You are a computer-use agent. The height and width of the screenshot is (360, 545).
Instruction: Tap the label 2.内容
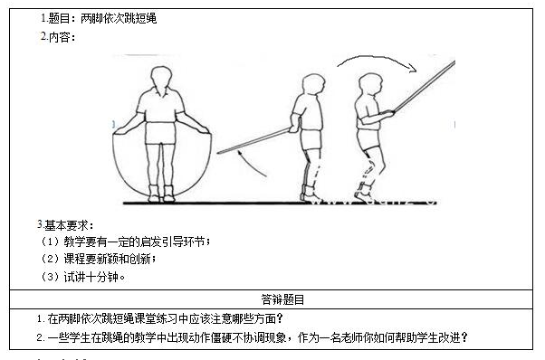58,36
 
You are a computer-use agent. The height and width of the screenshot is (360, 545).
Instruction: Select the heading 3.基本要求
65,225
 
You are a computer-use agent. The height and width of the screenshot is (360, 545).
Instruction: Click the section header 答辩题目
282,299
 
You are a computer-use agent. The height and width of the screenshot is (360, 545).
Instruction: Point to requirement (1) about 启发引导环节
126,242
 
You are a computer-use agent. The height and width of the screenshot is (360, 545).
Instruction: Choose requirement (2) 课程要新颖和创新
99,259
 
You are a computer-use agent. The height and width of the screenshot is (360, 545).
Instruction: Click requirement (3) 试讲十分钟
83,277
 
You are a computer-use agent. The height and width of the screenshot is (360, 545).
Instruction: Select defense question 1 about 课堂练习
160,318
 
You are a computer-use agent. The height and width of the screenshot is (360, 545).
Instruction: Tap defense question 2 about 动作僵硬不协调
253,337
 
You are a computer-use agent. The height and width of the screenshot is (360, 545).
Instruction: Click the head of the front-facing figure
161,78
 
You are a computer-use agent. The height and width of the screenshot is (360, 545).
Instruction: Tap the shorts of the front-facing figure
160,133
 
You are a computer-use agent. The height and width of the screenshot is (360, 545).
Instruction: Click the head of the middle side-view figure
313,84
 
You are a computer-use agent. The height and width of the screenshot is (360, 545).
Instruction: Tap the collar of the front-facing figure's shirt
161,92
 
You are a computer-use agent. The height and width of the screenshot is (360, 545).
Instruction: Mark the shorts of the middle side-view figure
311,139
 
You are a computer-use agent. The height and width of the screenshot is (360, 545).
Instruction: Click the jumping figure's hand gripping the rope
388,112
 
